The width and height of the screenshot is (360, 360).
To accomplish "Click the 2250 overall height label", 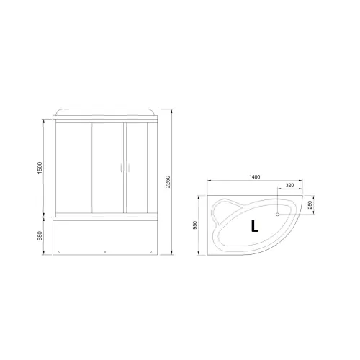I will [x=168, y=184].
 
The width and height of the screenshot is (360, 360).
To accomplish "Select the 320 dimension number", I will [x=289, y=186].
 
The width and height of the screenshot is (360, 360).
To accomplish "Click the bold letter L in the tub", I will [x=256, y=228].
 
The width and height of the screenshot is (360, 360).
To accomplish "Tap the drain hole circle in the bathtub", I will [x=278, y=213].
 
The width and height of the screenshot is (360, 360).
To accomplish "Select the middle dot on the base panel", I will [x=105, y=251].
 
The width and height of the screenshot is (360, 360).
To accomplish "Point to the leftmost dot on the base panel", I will [x=59, y=251].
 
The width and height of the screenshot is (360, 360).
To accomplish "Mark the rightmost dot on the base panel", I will [x=149, y=251].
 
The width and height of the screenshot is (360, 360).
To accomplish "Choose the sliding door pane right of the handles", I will [x=136, y=167].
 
